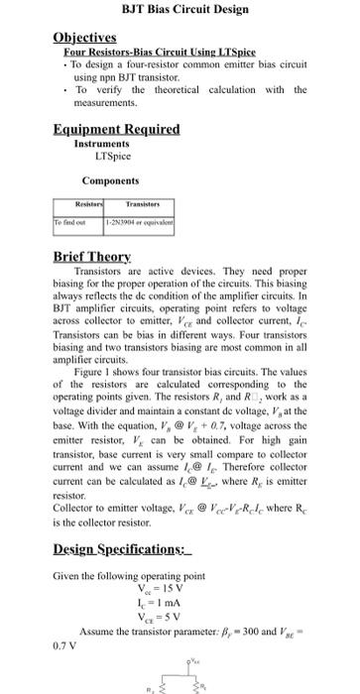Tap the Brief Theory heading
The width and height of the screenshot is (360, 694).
pos(90,256)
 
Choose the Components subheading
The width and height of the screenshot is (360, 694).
pos(109,181)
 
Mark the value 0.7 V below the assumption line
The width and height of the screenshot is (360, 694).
pos(64,640)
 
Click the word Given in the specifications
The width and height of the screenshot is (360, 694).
pos(66,576)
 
